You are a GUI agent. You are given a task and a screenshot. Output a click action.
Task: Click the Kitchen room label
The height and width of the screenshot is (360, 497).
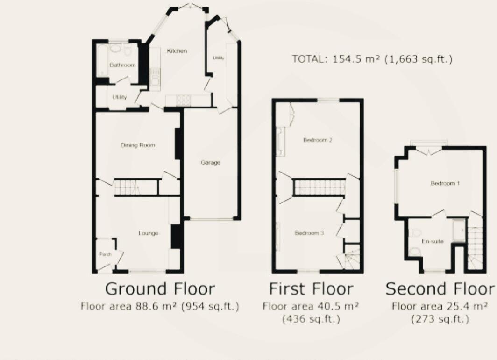tap(177, 51)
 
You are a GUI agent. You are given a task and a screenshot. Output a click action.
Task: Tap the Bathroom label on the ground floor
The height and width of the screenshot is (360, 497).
tap(122, 65)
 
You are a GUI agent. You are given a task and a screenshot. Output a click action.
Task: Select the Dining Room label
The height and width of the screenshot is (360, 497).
tap(138, 145)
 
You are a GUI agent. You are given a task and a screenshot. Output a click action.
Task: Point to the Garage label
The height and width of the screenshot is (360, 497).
tap(211, 163)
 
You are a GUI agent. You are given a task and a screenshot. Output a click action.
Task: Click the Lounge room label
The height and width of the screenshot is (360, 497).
tap(148, 233)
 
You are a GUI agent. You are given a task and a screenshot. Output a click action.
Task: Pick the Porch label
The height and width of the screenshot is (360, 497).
tap(104, 255)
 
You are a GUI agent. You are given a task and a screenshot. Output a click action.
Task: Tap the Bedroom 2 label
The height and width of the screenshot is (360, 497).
tap(317, 140)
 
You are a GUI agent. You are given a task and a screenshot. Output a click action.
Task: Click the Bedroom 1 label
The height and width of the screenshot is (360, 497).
tap(445, 184)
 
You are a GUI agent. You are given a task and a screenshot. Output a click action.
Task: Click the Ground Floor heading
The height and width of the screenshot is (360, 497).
tap(160, 289)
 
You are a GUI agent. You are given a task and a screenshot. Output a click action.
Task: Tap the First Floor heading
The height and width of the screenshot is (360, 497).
tap(311, 289)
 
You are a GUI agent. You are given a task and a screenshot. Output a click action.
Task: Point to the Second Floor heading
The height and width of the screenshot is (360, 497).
tap(440, 289)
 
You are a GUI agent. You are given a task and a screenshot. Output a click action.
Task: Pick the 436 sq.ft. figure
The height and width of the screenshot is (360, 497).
tap(311, 319)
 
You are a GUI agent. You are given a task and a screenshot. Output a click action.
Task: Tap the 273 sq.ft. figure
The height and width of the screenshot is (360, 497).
tap(440, 319)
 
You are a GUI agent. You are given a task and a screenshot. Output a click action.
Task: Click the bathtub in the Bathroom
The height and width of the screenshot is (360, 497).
tap(101, 61)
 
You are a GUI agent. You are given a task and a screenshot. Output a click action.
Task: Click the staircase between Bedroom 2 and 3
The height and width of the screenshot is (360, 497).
tap(319, 188)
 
